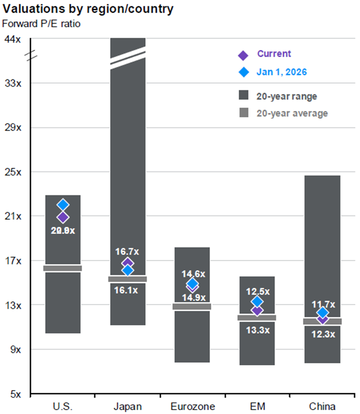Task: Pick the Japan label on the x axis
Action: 127,407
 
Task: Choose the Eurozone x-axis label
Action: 192,407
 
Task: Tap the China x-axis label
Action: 322,407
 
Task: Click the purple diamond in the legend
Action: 243,55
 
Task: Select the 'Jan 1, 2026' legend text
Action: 282,72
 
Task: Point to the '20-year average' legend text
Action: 292,114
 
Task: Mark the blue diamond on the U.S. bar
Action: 63,205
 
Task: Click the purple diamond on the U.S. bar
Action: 63,217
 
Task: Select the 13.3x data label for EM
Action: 257,330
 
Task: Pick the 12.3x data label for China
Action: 322,334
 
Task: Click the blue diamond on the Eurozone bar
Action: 193,284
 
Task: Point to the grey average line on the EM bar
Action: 257,318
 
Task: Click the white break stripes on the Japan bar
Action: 127,58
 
